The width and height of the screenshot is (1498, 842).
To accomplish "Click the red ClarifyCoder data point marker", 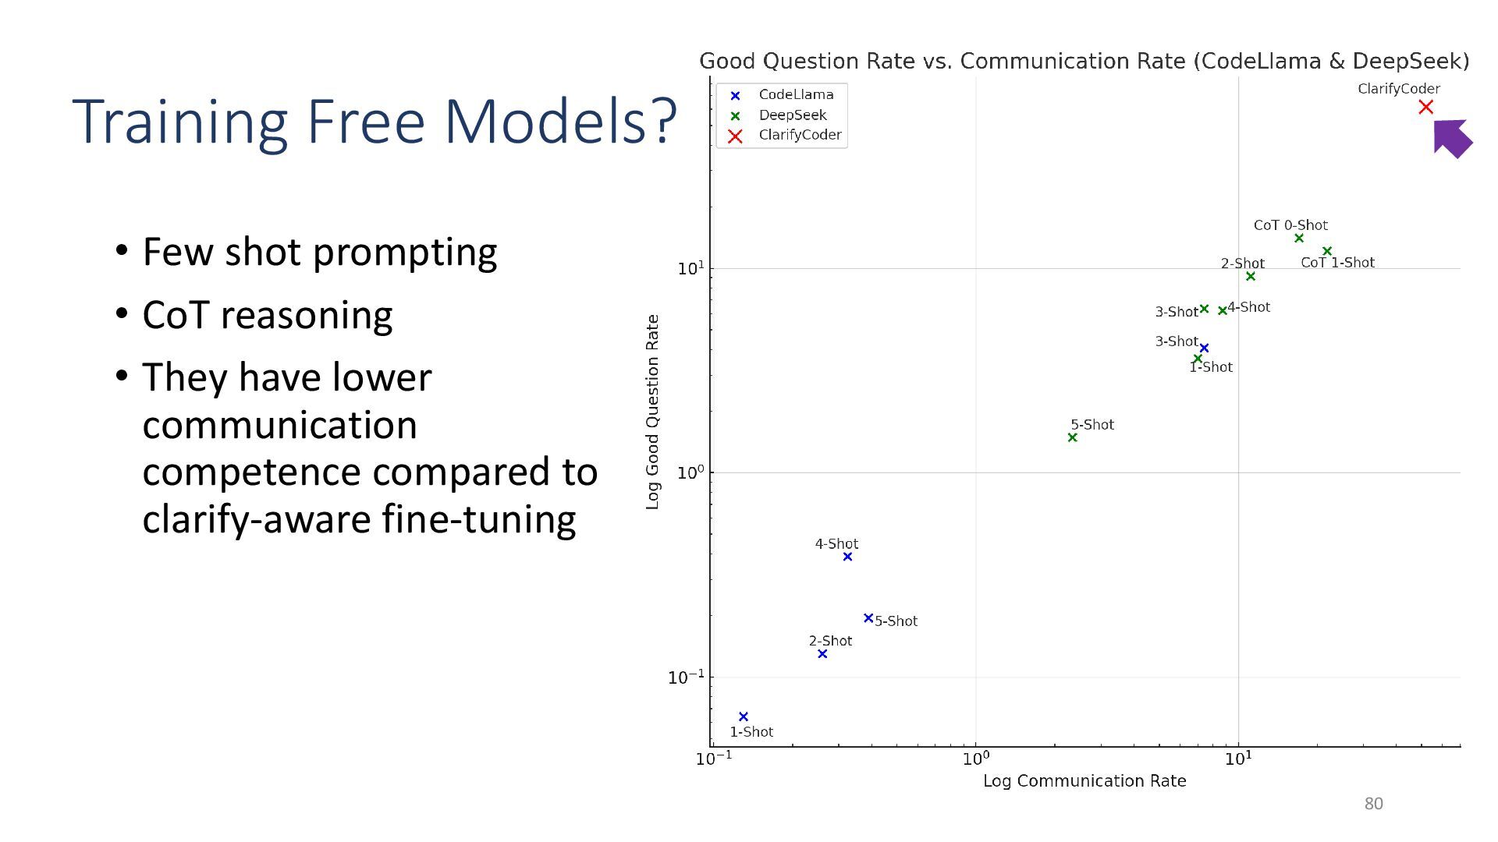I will (x=1425, y=108).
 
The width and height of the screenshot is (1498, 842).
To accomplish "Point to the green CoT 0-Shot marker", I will (x=1299, y=239).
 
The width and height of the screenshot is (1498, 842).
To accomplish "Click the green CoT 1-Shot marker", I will (x=1327, y=251).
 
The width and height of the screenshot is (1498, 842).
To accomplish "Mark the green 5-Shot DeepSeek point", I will (x=1072, y=437).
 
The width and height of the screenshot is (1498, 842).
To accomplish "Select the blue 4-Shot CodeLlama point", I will (x=847, y=557).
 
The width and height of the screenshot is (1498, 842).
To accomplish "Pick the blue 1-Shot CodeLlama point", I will (x=743, y=716).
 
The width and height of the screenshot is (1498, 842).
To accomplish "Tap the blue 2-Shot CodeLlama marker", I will (x=822, y=654).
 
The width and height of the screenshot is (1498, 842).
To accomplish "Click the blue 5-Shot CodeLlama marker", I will (x=868, y=618).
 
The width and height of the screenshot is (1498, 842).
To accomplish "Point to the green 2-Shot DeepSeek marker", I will (x=1251, y=277).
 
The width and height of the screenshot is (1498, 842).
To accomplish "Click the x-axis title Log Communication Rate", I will (x=1084, y=781).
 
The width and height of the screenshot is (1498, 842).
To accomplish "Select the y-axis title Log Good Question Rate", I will (x=653, y=412).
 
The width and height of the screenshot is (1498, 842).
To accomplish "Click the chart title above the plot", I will (x=1084, y=62).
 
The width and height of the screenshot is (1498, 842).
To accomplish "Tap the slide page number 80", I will (x=1373, y=804).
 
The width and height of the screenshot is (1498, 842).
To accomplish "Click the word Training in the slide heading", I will (x=180, y=122).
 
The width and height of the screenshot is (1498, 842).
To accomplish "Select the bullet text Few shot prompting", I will (x=319, y=253).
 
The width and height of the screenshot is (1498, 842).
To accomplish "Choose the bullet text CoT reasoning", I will (x=267, y=316).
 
